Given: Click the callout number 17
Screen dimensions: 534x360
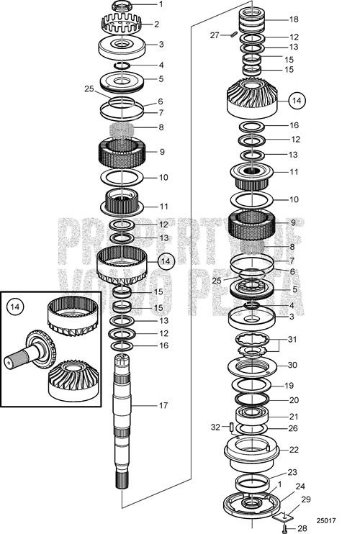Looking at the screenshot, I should point(163,406).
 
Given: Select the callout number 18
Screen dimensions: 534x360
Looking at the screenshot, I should point(293,19).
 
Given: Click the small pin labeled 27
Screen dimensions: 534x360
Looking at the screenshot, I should point(234,34).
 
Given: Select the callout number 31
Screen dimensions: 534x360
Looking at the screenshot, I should point(292,340).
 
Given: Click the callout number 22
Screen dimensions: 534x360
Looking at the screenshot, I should point(293,450).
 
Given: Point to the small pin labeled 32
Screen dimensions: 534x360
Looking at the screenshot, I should point(231,427).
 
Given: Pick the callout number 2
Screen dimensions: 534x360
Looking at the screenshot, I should point(157,24).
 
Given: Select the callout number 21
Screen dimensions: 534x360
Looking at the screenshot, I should point(293,417).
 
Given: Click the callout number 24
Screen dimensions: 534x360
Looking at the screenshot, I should point(300,486).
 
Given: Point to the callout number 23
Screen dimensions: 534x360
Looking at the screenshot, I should point(292,473).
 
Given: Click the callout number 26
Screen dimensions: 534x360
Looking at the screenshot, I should point(293,429).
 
